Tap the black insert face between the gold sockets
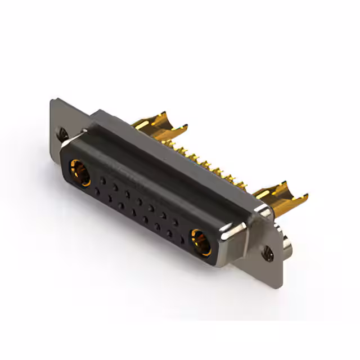click(138, 214)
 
